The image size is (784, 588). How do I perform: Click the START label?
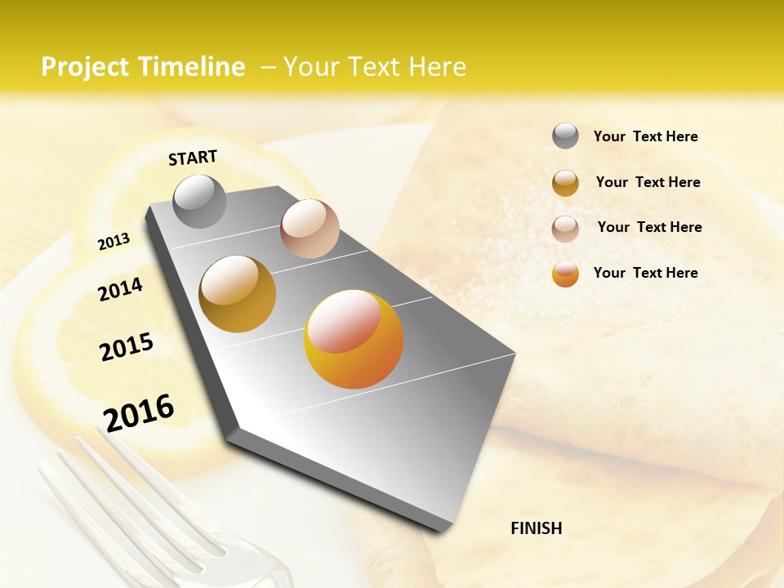[x=193, y=158]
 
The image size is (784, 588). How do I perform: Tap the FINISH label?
[x=536, y=528]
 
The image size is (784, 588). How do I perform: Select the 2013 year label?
[x=114, y=241]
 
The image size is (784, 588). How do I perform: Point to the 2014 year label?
[x=120, y=289]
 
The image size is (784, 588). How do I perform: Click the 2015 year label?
[x=127, y=347]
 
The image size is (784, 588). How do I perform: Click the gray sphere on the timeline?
[x=199, y=201]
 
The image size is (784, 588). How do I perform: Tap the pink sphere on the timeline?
[x=310, y=229]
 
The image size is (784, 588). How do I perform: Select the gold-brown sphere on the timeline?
[x=238, y=294]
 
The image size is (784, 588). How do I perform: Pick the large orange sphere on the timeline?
[x=353, y=339]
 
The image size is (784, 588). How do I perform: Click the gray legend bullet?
[x=565, y=136]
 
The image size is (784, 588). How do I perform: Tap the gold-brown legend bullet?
[x=565, y=183]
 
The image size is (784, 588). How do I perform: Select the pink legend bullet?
[x=565, y=229]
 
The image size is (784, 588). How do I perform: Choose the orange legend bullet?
[x=565, y=274]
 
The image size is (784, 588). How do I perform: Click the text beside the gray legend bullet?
[x=645, y=136]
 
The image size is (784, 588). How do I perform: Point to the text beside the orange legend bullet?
[x=645, y=273]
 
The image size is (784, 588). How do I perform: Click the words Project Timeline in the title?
[x=143, y=67]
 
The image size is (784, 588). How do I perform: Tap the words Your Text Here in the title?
[x=375, y=67]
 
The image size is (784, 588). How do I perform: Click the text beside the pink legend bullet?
[x=649, y=227]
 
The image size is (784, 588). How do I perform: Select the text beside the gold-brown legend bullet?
[x=648, y=182]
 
